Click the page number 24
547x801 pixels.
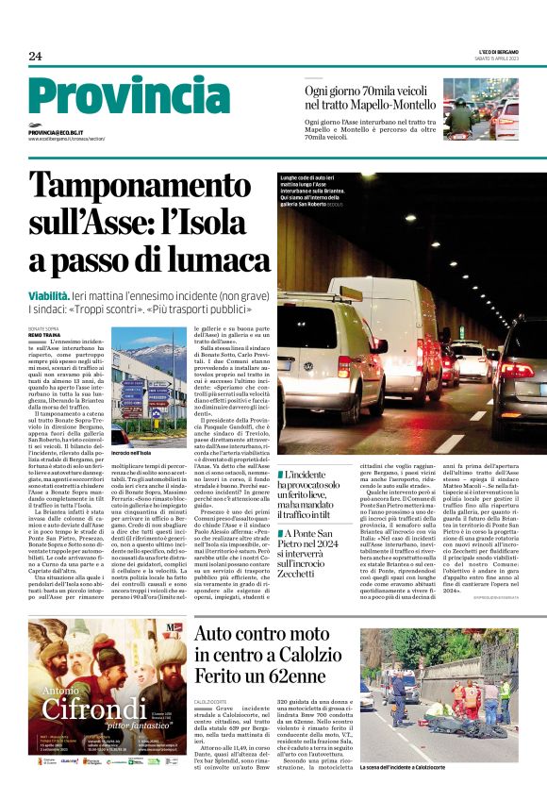(x=35, y=57)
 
